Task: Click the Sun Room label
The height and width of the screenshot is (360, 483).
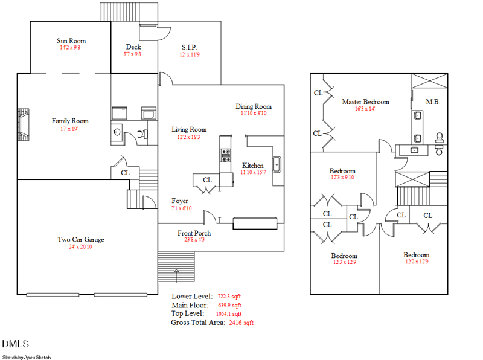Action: pos(71,41)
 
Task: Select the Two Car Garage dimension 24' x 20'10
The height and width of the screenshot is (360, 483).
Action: pos(80,247)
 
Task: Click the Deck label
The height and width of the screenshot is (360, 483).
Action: pos(133,47)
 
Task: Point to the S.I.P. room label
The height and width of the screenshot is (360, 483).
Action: pos(190,47)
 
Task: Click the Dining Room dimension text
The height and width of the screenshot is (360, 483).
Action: pos(254,113)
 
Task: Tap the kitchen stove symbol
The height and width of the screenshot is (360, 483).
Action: pos(226,155)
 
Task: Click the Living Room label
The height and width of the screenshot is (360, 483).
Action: pos(189,129)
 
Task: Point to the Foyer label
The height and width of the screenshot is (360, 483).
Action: pos(179,201)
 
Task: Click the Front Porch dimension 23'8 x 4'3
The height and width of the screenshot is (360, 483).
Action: pos(194,240)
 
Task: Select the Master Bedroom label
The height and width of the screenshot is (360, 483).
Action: pos(365,102)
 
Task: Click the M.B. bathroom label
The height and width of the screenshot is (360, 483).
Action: pos(433,102)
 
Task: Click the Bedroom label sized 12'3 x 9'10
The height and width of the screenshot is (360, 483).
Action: pos(342,171)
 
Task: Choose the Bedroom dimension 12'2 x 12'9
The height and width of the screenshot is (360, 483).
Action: pos(416,262)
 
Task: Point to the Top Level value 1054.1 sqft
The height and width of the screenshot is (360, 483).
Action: pos(229,314)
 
